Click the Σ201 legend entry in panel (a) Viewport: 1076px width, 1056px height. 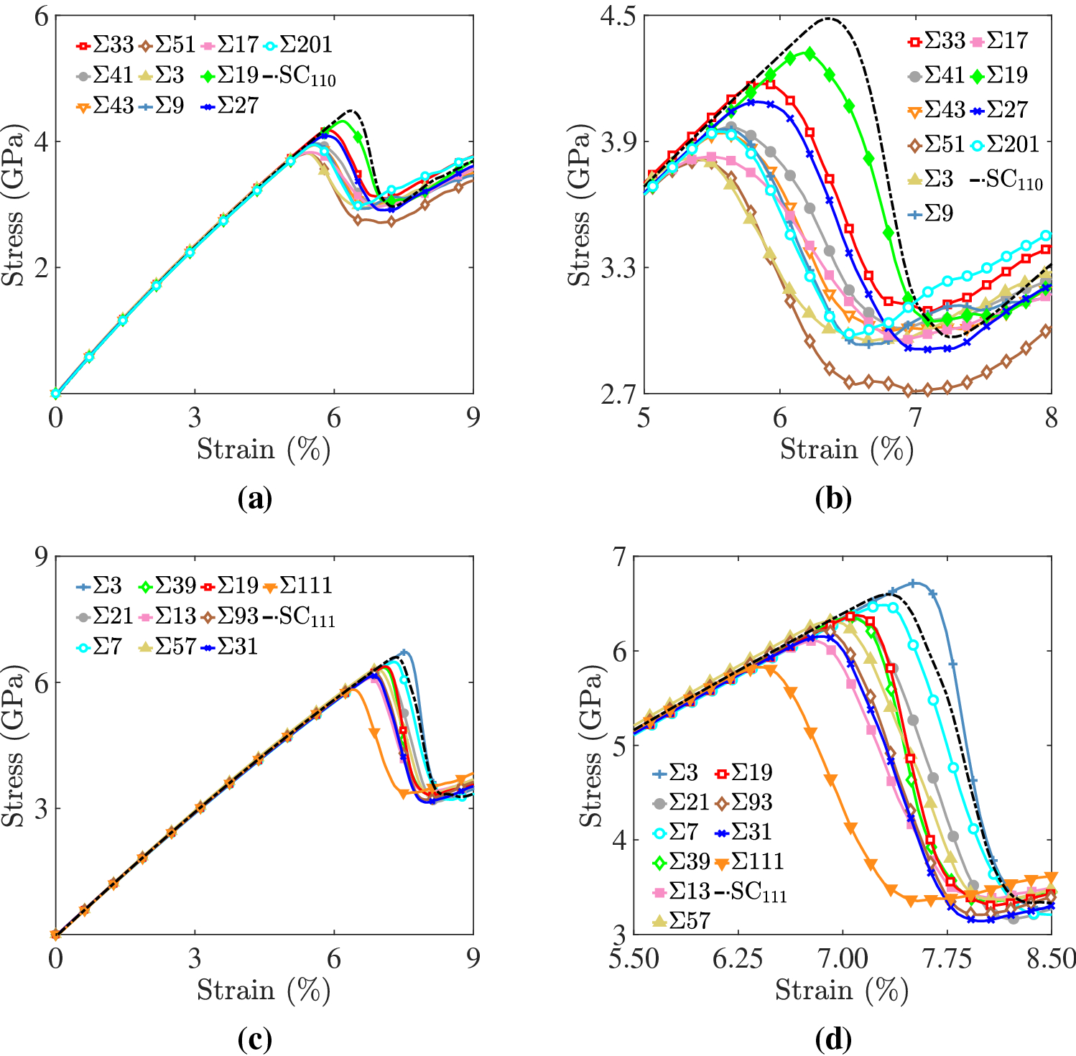coord(305,45)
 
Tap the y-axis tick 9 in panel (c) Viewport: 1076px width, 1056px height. coord(41,557)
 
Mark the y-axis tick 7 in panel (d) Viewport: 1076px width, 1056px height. coord(618,557)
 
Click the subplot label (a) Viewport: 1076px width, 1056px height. coord(255,499)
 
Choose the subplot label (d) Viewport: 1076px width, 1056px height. coord(833,1039)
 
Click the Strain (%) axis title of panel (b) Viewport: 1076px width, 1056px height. coord(847,450)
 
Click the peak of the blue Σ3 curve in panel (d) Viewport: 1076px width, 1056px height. coord(913,583)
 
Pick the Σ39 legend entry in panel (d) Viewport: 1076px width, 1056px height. coord(690,861)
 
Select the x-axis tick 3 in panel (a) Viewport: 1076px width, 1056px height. coord(195,417)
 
